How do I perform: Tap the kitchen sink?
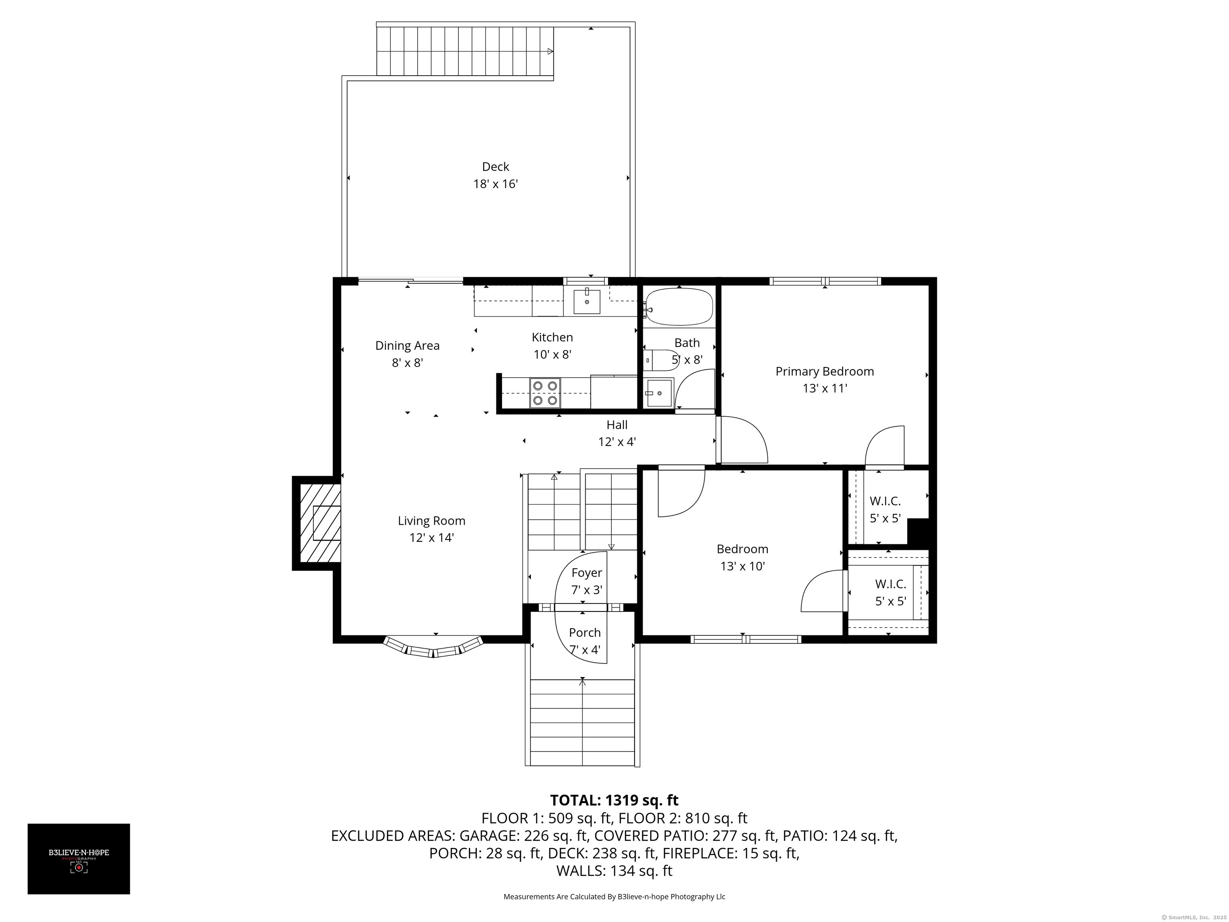click(587, 301)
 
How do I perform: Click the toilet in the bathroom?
click(659, 360)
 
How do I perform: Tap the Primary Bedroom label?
click(825, 371)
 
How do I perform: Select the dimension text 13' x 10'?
click(742, 566)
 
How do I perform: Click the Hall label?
click(617, 425)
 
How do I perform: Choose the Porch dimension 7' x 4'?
click(585, 649)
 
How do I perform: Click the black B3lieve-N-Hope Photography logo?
click(79, 859)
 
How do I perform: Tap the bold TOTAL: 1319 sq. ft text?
click(614, 800)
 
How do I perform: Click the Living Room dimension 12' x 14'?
click(432, 537)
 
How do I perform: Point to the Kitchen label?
click(552, 337)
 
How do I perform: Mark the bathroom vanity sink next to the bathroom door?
click(659, 393)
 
